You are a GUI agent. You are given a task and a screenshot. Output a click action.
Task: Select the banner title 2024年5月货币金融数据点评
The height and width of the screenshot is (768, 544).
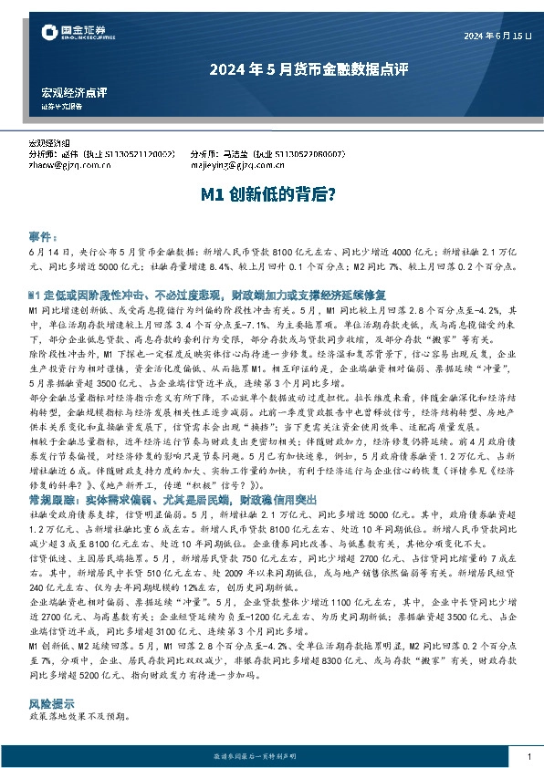271,68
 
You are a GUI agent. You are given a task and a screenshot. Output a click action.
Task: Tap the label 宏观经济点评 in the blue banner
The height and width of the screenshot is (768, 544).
75,93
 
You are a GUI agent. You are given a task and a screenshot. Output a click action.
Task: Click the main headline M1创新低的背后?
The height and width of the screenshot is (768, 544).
271,194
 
